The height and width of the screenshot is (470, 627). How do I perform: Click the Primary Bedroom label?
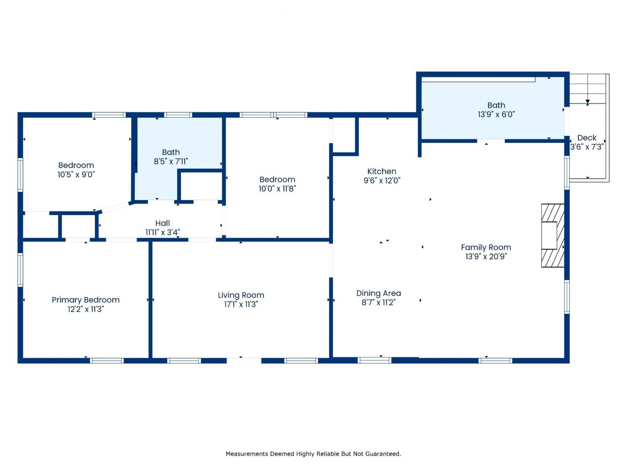(85, 300)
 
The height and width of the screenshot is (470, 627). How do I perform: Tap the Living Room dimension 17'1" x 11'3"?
(241, 304)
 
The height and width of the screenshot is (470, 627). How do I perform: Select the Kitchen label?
(382, 171)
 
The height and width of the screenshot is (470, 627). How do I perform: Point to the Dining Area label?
(378, 293)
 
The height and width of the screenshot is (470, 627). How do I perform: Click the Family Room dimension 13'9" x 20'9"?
(486, 256)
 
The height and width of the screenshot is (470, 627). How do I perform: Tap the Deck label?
(587, 137)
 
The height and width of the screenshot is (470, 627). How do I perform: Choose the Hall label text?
(163, 223)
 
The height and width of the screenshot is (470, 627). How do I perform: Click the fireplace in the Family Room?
(553, 236)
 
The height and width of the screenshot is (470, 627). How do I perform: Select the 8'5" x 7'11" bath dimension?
(171, 162)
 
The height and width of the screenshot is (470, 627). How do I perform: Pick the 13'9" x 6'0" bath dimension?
(496, 114)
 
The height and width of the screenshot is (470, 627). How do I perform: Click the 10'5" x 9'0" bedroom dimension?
(76, 174)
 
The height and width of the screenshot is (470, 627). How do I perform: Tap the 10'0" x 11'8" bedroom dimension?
(277, 189)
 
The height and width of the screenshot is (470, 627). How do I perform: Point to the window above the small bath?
(178, 115)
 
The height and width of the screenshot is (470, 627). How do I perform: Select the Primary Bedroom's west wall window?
(20, 269)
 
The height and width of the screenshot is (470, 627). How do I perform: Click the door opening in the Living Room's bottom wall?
(244, 361)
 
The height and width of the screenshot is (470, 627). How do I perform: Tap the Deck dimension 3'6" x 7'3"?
(587, 147)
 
